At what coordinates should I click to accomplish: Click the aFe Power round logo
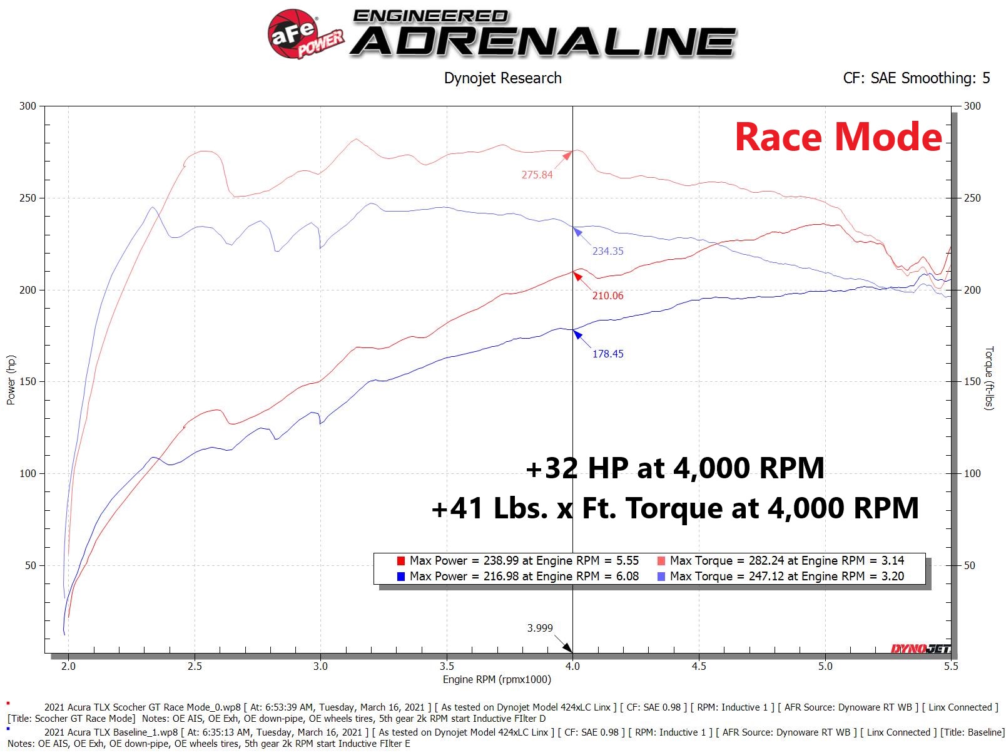click(x=293, y=34)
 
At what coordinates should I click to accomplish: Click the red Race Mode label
click(x=838, y=137)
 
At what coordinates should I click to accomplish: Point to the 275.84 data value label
click(x=537, y=175)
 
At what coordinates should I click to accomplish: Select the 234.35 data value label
click(x=607, y=251)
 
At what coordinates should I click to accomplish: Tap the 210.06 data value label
click(x=607, y=295)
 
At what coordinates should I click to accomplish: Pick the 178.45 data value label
click(x=607, y=354)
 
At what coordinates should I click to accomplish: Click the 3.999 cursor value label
click(x=540, y=628)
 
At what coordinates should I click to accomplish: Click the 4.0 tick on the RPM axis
click(x=572, y=666)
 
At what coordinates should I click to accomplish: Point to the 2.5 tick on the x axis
click(x=195, y=666)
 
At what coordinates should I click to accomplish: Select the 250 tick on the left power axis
click(x=28, y=198)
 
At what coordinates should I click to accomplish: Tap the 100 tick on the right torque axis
click(x=972, y=473)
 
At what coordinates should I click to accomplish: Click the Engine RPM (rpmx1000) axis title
click(x=497, y=679)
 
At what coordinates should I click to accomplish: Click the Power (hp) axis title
click(x=11, y=380)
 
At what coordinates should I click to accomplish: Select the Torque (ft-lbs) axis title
click(x=989, y=378)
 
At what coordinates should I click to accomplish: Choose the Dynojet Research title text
click(x=502, y=78)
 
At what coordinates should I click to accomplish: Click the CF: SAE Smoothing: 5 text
click(x=916, y=78)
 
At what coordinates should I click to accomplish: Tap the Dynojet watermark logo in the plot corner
click(x=920, y=649)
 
